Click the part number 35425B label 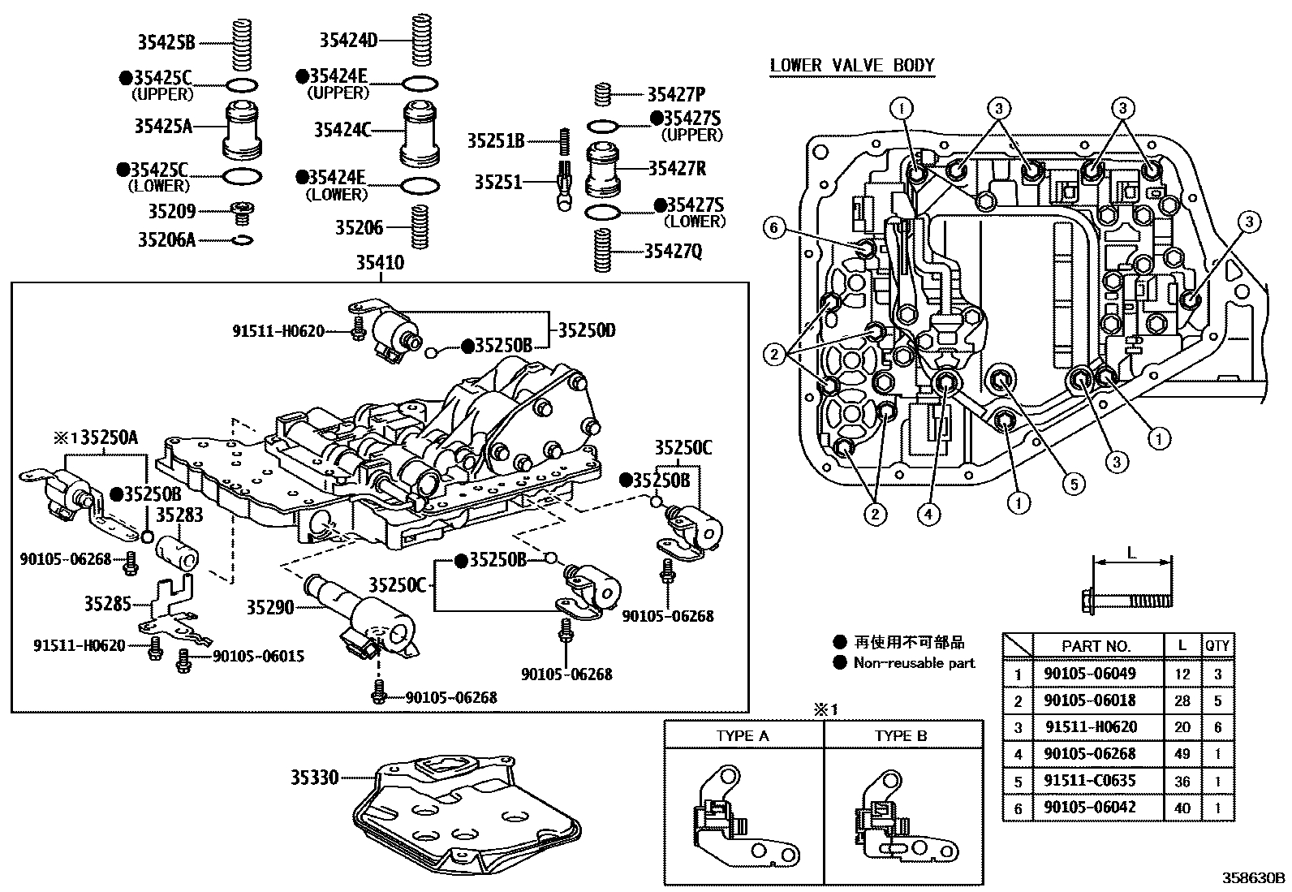tap(166, 43)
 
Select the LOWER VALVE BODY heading tap(852, 66)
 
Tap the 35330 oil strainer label tap(315, 778)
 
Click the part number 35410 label tap(380, 264)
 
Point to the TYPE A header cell tap(743, 737)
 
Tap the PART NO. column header tap(1096, 646)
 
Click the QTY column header tap(1217, 646)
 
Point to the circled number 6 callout tap(773, 229)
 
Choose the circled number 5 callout tap(1073, 485)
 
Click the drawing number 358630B tap(1255, 878)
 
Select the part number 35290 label tap(269, 606)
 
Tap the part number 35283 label tap(179, 515)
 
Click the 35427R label tap(677, 169)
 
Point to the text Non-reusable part tap(914, 663)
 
